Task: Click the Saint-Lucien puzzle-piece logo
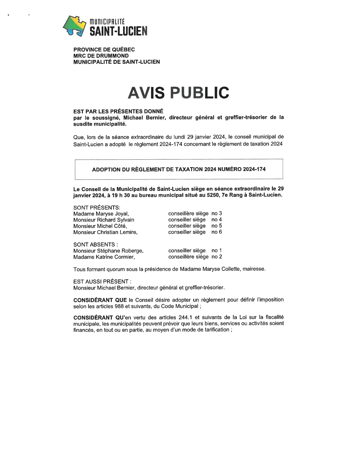pos(74,26)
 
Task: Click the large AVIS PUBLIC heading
pos(178,93)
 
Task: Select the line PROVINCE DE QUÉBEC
pos(104,49)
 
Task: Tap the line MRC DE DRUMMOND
pos(101,56)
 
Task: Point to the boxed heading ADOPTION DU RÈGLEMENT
pos(179,169)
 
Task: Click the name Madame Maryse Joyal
pos(101,214)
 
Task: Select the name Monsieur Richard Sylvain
pos(104,220)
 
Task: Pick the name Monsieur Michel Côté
pos(100,226)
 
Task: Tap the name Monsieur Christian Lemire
pos(105,232)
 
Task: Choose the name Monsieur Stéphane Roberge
pos(108,251)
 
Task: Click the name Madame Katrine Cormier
pos(104,257)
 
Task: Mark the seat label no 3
pos(217,214)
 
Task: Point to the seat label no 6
pos(217,232)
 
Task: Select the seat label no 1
pos(217,251)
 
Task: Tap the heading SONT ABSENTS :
pos(95,245)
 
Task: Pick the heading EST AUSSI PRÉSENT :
pos(102,282)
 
